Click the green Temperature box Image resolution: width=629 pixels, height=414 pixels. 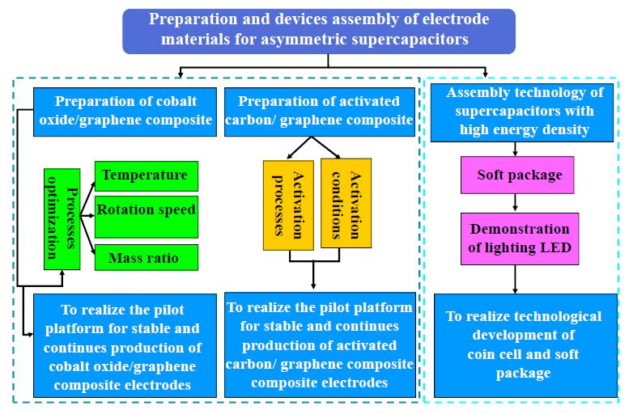click(x=147, y=176)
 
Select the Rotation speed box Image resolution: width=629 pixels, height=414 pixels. click(x=147, y=217)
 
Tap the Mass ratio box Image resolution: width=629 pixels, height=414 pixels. click(x=147, y=257)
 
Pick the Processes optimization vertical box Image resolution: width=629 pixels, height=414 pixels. click(x=62, y=219)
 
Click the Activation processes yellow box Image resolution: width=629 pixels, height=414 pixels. click(x=288, y=205)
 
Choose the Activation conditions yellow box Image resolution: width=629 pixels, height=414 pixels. click(x=346, y=203)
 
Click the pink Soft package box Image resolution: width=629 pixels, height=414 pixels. click(x=517, y=175)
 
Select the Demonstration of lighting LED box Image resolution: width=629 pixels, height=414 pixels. click(x=520, y=239)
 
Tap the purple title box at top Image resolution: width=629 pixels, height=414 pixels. click(x=319, y=32)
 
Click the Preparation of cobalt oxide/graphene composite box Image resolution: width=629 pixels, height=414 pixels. click(x=125, y=112)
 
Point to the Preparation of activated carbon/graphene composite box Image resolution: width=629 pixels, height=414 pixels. click(x=320, y=112)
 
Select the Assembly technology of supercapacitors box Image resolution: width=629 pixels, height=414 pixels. click(x=522, y=112)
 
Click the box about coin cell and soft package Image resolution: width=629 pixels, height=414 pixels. click(x=525, y=345)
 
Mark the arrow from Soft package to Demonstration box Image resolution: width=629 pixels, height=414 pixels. click(x=515, y=203)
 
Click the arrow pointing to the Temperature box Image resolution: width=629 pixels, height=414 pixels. click(x=88, y=199)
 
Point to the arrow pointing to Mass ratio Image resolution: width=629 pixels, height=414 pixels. click(x=88, y=235)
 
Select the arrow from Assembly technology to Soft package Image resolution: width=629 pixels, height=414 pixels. click(x=515, y=149)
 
